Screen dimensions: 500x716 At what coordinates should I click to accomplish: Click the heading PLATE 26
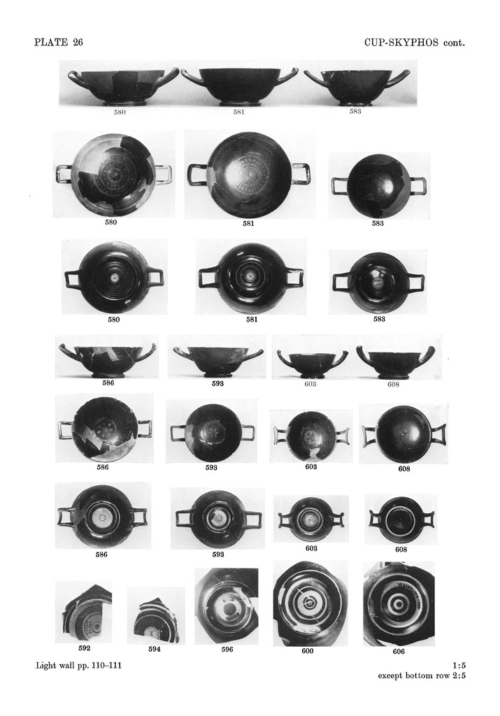59,43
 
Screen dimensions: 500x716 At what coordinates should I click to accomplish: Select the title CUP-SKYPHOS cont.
415,43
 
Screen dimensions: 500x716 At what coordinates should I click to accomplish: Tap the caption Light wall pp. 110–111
78,666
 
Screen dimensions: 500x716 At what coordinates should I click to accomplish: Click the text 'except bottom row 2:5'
422,676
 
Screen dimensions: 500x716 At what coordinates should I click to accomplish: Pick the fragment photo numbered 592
84,613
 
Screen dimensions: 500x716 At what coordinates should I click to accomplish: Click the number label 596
227,650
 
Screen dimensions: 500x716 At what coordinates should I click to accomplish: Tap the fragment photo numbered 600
310,603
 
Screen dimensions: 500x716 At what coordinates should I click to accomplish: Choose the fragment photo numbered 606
399,603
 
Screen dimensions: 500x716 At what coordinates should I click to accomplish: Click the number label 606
399,652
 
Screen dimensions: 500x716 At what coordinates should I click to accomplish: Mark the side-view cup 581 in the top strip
239,87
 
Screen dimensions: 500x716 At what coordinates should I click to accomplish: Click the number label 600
307,651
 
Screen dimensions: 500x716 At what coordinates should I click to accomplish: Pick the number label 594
155,650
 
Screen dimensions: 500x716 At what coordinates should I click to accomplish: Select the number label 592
84,648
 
